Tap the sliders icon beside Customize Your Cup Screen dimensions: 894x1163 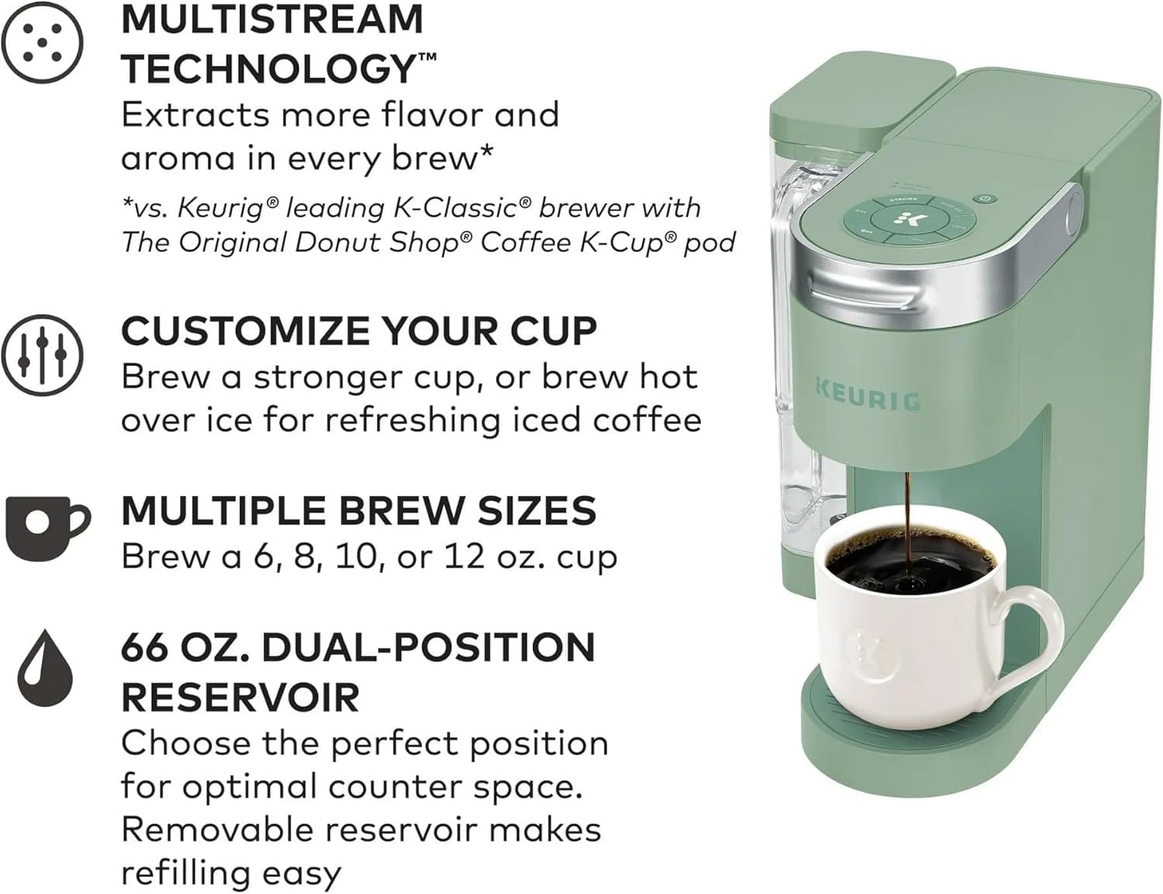[x=42, y=356]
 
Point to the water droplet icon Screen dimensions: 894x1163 [x=44, y=668]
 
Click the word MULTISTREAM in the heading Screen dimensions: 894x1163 [x=272, y=19]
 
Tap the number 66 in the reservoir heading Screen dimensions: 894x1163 [x=145, y=648]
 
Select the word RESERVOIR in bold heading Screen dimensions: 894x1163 [x=240, y=697]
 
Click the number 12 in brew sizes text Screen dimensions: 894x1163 [x=464, y=557]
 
